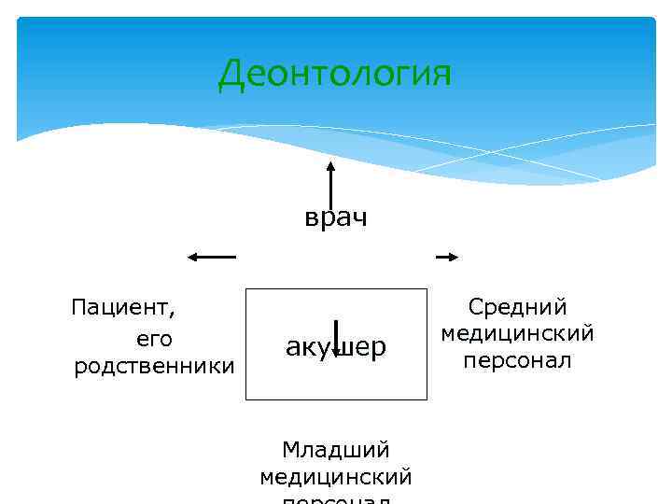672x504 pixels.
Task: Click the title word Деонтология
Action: coord(334,74)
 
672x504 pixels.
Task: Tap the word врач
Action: coord(336,218)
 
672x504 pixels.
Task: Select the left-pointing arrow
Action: coord(212,257)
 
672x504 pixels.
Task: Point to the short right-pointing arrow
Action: coord(447,257)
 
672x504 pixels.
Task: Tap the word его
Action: coord(155,337)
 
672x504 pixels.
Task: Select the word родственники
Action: coord(154,366)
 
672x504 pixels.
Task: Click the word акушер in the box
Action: coord(335,347)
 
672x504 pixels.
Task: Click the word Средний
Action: coord(518,307)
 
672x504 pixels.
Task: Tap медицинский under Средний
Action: coord(518,333)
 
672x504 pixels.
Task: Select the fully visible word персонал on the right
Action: coord(518,360)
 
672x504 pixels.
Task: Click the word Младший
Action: coord(336,451)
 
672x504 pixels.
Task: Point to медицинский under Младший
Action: coord(336,478)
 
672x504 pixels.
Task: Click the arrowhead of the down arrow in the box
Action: coord(335,355)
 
